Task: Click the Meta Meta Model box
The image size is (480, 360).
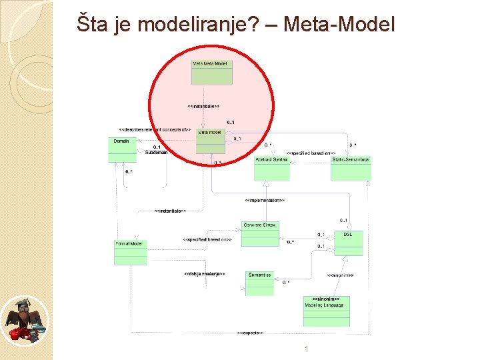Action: tap(212, 72)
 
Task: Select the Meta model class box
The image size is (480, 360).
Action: tap(211, 141)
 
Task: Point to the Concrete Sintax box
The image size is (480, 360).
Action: tap(261, 233)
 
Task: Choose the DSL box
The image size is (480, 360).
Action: tap(349, 243)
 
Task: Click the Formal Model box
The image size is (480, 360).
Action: tap(130, 251)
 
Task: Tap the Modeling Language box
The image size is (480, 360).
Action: tap(327, 311)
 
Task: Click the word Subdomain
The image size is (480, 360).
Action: tap(156, 152)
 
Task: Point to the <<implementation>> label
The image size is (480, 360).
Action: tap(265, 200)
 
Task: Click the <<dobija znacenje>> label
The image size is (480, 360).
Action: tap(204, 273)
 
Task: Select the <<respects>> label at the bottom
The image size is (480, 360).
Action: tap(250, 332)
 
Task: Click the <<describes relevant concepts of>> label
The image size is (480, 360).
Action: tap(155, 129)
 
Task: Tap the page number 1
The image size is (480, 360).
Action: tap(306, 349)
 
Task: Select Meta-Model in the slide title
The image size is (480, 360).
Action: tap(339, 25)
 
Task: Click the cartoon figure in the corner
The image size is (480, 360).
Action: tap(25, 320)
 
